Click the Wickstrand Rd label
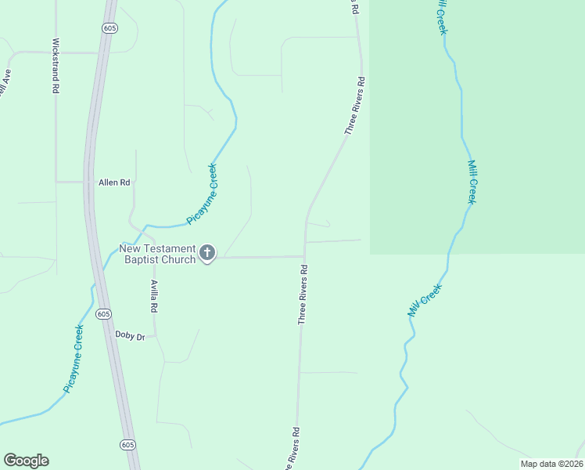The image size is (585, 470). click(x=56, y=67)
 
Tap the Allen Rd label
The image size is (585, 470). click(x=113, y=183)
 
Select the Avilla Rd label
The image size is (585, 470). click(x=155, y=298)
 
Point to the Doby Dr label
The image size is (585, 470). click(x=131, y=335)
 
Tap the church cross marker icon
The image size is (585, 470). click(x=207, y=252)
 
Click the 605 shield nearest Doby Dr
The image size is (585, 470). click(x=104, y=313)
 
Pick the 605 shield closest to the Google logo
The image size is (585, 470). click(x=127, y=444)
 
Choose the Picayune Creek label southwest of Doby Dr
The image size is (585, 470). click(x=74, y=359)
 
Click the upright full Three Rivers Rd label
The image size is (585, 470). click(x=303, y=295)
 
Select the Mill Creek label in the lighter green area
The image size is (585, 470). click(x=425, y=300)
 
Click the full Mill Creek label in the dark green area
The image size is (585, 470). click(x=472, y=182)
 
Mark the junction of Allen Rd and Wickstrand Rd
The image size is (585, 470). click(x=56, y=182)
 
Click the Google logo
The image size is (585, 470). click(x=26, y=461)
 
